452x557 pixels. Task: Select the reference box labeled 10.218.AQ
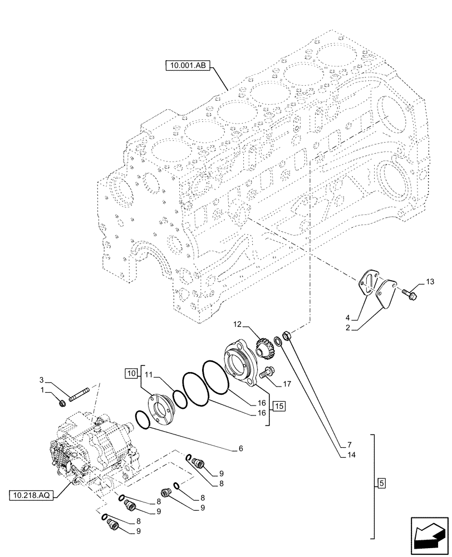point(31,495)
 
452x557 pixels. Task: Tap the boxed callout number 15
point(279,405)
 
